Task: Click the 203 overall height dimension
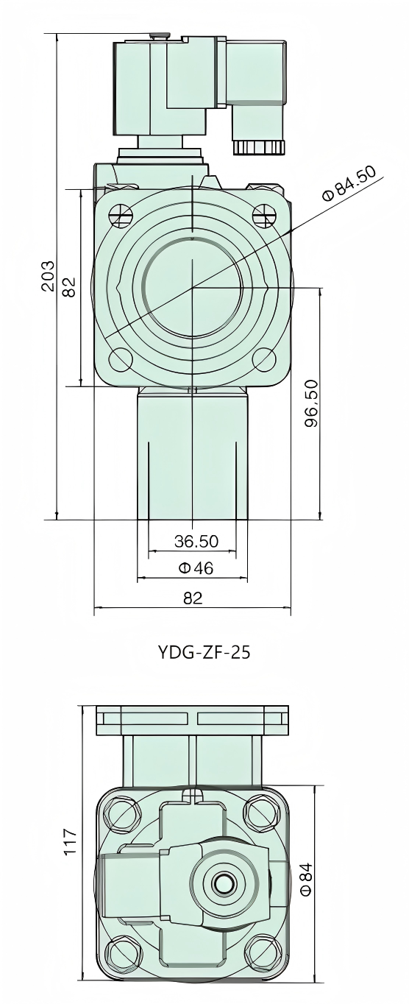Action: click(x=48, y=275)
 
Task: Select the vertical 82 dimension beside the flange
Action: click(x=68, y=286)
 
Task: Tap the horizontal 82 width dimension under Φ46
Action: click(x=192, y=598)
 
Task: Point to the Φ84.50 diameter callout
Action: click(x=349, y=183)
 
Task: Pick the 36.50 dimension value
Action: click(x=196, y=542)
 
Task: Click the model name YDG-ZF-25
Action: click(x=204, y=652)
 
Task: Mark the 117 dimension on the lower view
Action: click(x=70, y=842)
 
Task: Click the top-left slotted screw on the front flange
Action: click(x=120, y=214)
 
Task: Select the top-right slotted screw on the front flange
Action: click(x=263, y=214)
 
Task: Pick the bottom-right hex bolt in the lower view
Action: click(x=263, y=956)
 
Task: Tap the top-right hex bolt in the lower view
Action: click(x=263, y=813)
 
